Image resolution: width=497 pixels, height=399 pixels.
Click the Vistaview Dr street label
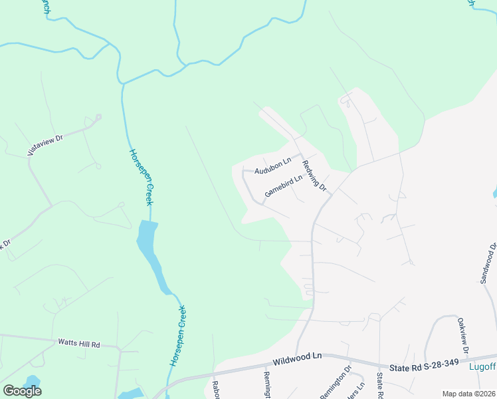coord(45,144)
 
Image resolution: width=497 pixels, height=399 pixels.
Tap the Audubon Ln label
coord(273,162)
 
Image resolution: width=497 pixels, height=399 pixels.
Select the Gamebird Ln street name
coord(284,184)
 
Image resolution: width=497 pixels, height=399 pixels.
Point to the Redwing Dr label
coord(314,176)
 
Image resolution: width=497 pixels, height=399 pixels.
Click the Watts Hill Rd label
coord(78,344)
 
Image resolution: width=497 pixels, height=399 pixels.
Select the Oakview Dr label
coord(463,335)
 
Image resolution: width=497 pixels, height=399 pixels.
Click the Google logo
coord(22,391)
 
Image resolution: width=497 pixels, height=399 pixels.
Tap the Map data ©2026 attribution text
coord(468,394)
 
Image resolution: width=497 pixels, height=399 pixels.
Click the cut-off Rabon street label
coord(216,390)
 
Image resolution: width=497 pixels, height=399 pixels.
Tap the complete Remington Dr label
coord(336,382)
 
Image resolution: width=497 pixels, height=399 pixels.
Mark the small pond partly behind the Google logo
coord(32,381)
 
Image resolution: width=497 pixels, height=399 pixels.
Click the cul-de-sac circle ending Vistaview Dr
coord(98,117)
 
